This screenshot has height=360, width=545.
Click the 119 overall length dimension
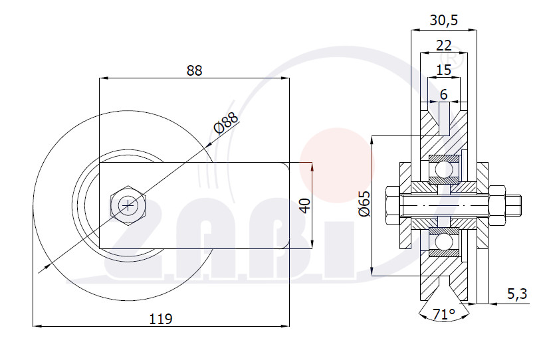[x=161, y=319]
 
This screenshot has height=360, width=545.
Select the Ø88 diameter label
[x=226, y=123]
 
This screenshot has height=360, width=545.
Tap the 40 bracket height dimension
[x=305, y=206]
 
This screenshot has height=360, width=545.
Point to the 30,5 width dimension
[x=444, y=20]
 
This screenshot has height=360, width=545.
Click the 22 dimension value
[x=443, y=45]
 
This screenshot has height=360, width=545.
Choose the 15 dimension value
[x=443, y=70]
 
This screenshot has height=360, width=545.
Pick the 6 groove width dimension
[x=443, y=94]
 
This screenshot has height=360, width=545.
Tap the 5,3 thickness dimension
[x=517, y=294]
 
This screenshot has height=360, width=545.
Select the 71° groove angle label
[x=444, y=314]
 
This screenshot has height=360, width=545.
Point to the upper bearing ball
[x=444, y=169]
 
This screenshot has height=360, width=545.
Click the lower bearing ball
[x=444, y=241]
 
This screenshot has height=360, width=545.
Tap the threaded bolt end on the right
[x=513, y=206]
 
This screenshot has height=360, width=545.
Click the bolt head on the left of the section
[x=393, y=206]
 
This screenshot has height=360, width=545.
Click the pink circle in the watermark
[x=337, y=165]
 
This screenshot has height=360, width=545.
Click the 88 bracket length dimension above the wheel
[x=194, y=70]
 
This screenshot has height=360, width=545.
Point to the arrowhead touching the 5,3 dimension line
[x=494, y=304]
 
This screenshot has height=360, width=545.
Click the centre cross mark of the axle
[x=128, y=206]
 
